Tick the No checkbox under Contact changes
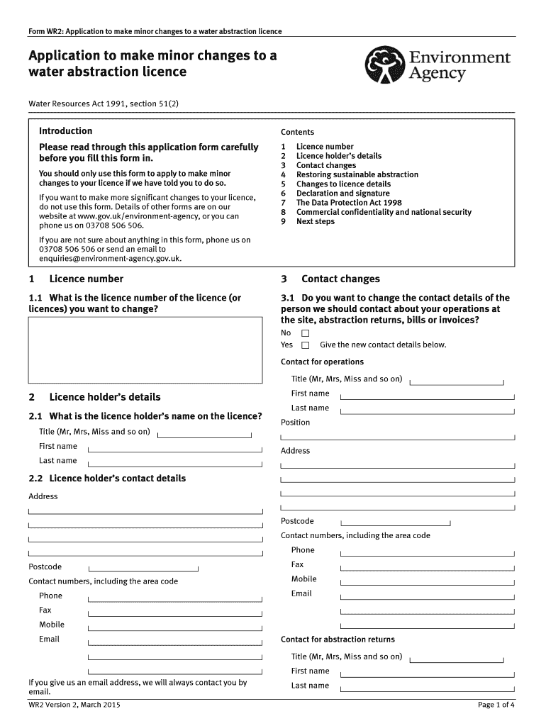coord(306,333)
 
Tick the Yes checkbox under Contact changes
coord(306,345)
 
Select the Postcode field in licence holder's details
coord(143,567)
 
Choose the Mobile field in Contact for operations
coord(428,580)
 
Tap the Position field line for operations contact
coord(398,436)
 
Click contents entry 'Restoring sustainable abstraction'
coord(357,174)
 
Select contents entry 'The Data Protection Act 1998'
coord(348,203)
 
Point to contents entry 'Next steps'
coord(316,221)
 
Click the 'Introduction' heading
coord(65,131)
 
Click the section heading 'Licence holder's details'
coord(105,397)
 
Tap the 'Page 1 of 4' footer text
coord(496,705)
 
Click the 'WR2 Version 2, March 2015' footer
coord(74,705)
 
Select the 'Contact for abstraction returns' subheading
coord(338,640)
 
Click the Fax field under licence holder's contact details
coord(174,610)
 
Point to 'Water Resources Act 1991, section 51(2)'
coord(104,104)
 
